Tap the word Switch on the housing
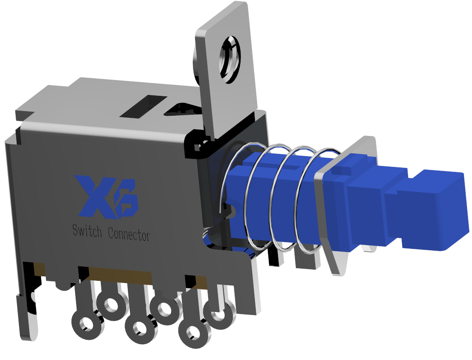coord(87,231)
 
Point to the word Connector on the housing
coord(129,234)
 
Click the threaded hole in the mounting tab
coord(230,60)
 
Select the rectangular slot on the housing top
coord(143,107)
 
